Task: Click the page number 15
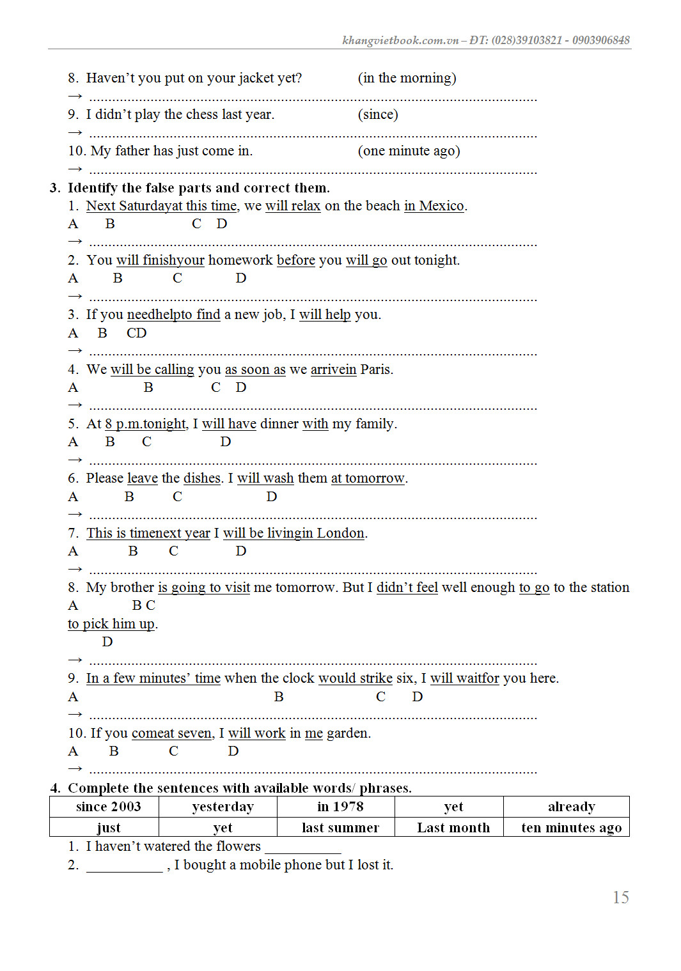tap(620, 897)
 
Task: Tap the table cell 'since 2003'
tap(108, 807)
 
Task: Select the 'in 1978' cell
tap(340, 807)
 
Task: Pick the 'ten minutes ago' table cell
tap(571, 828)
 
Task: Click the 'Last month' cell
tap(453, 828)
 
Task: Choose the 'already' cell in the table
tap(571, 807)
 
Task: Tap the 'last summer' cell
tap(340, 828)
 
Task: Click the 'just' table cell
tap(108, 828)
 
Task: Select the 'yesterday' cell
tap(223, 807)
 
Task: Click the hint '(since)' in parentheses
tap(378, 114)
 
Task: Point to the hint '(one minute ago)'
tap(409, 151)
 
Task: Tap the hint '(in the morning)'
tap(407, 78)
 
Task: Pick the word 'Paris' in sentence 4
tap(375, 369)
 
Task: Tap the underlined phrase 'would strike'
tap(356, 678)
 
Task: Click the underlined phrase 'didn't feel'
tap(407, 587)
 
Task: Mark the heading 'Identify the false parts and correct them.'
tap(198, 188)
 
